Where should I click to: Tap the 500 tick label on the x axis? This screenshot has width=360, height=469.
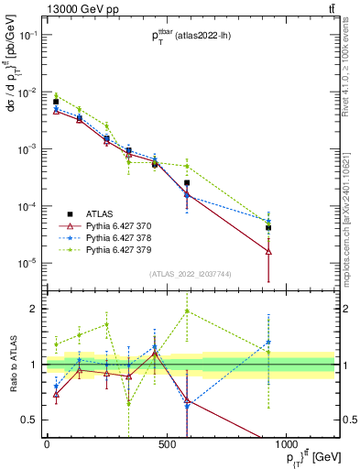[x=166, y=444]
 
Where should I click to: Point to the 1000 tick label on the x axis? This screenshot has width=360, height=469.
[x=286, y=444]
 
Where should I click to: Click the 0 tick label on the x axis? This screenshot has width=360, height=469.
[x=47, y=444]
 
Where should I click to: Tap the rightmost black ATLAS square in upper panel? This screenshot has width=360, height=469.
[x=268, y=228]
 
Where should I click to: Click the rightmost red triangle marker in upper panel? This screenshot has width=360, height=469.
[x=268, y=250]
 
